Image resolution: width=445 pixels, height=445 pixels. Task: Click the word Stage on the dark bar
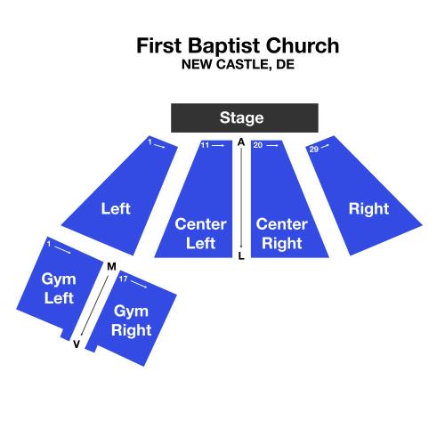[241, 117]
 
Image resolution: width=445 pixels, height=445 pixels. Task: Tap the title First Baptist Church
[238, 45]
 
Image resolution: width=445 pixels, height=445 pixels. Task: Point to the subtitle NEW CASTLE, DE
[238, 64]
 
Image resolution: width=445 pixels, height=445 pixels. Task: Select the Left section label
[116, 208]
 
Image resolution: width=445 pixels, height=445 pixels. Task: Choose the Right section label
[368, 209]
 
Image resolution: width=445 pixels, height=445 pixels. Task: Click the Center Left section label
[200, 233]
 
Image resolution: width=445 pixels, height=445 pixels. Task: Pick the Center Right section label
[281, 234]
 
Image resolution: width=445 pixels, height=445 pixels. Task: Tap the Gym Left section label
[59, 288]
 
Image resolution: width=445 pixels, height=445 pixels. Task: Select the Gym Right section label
[131, 320]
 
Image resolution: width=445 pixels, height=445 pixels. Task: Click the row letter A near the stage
[241, 142]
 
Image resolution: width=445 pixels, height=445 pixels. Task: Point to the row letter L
[241, 256]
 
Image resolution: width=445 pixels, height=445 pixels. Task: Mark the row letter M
[111, 267]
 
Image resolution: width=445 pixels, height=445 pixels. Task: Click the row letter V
[77, 344]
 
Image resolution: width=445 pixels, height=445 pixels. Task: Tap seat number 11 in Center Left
[205, 145]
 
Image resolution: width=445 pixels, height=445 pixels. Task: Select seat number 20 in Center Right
[258, 145]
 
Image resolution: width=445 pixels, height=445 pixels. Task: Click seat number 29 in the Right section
[314, 149]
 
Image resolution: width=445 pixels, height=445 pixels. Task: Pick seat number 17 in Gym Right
[123, 279]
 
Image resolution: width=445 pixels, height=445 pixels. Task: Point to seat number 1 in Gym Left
[49, 244]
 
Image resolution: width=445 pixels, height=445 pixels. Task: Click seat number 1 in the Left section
[150, 142]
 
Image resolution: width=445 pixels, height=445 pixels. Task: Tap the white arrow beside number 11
[218, 145]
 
